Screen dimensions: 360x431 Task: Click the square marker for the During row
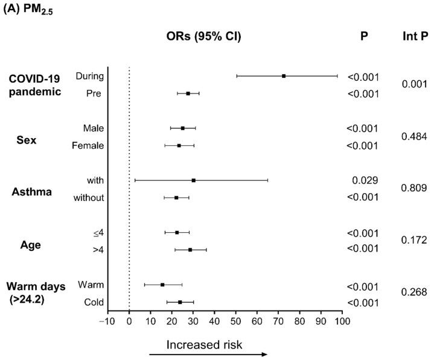(284, 76)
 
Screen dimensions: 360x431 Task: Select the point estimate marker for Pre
(188, 93)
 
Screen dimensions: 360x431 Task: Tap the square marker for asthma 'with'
(193, 180)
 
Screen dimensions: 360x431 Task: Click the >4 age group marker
(190, 250)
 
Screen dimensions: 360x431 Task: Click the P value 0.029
(365, 180)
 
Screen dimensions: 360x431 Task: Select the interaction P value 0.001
(415, 84)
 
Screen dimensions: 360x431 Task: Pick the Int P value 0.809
(415, 188)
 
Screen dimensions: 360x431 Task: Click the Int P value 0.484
(415, 137)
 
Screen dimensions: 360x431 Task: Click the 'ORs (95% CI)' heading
(205, 37)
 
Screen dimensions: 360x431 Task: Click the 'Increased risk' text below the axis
(204, 344)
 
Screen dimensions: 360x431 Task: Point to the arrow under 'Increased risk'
(208, 355)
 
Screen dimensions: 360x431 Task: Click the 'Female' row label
(88, 145)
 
